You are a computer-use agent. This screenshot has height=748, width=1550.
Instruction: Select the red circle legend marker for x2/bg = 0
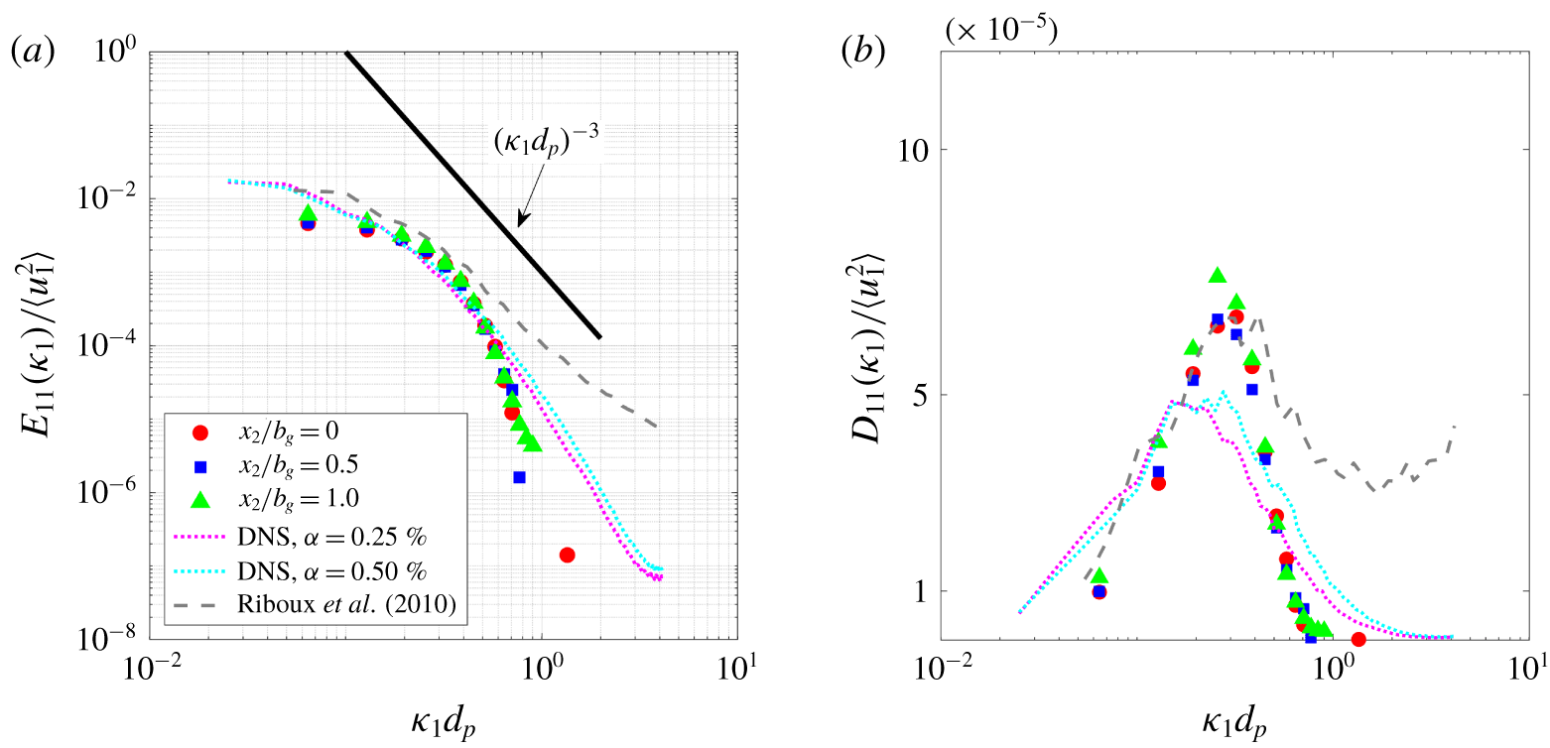click(x=199, y=432)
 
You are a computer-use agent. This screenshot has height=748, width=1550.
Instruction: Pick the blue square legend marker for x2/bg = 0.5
click(x=199, y=464)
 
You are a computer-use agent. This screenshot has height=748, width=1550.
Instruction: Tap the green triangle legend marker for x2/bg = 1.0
click(x=199, y=497)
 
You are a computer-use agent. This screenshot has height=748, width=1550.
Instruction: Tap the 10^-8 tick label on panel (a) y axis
click(x=110, y=639)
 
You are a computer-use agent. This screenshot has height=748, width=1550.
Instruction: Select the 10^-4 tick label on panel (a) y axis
click(x=110, y=345)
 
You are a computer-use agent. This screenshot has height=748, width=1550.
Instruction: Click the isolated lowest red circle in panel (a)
click(x=567, y=555)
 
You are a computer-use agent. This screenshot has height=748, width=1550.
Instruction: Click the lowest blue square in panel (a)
click(x=519, y=477)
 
